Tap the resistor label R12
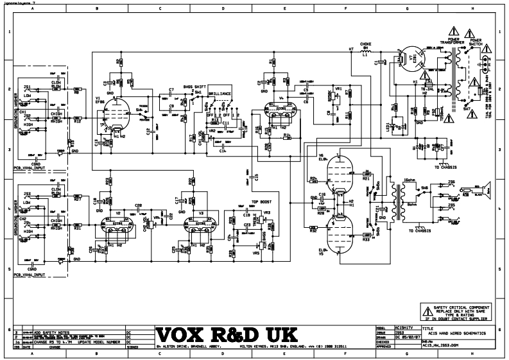pyautogui.click(x=77, y=122)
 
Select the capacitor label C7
pyautogui.click(x=171, y=89)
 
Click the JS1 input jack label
pyautogui.click(x=28, y=86)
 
